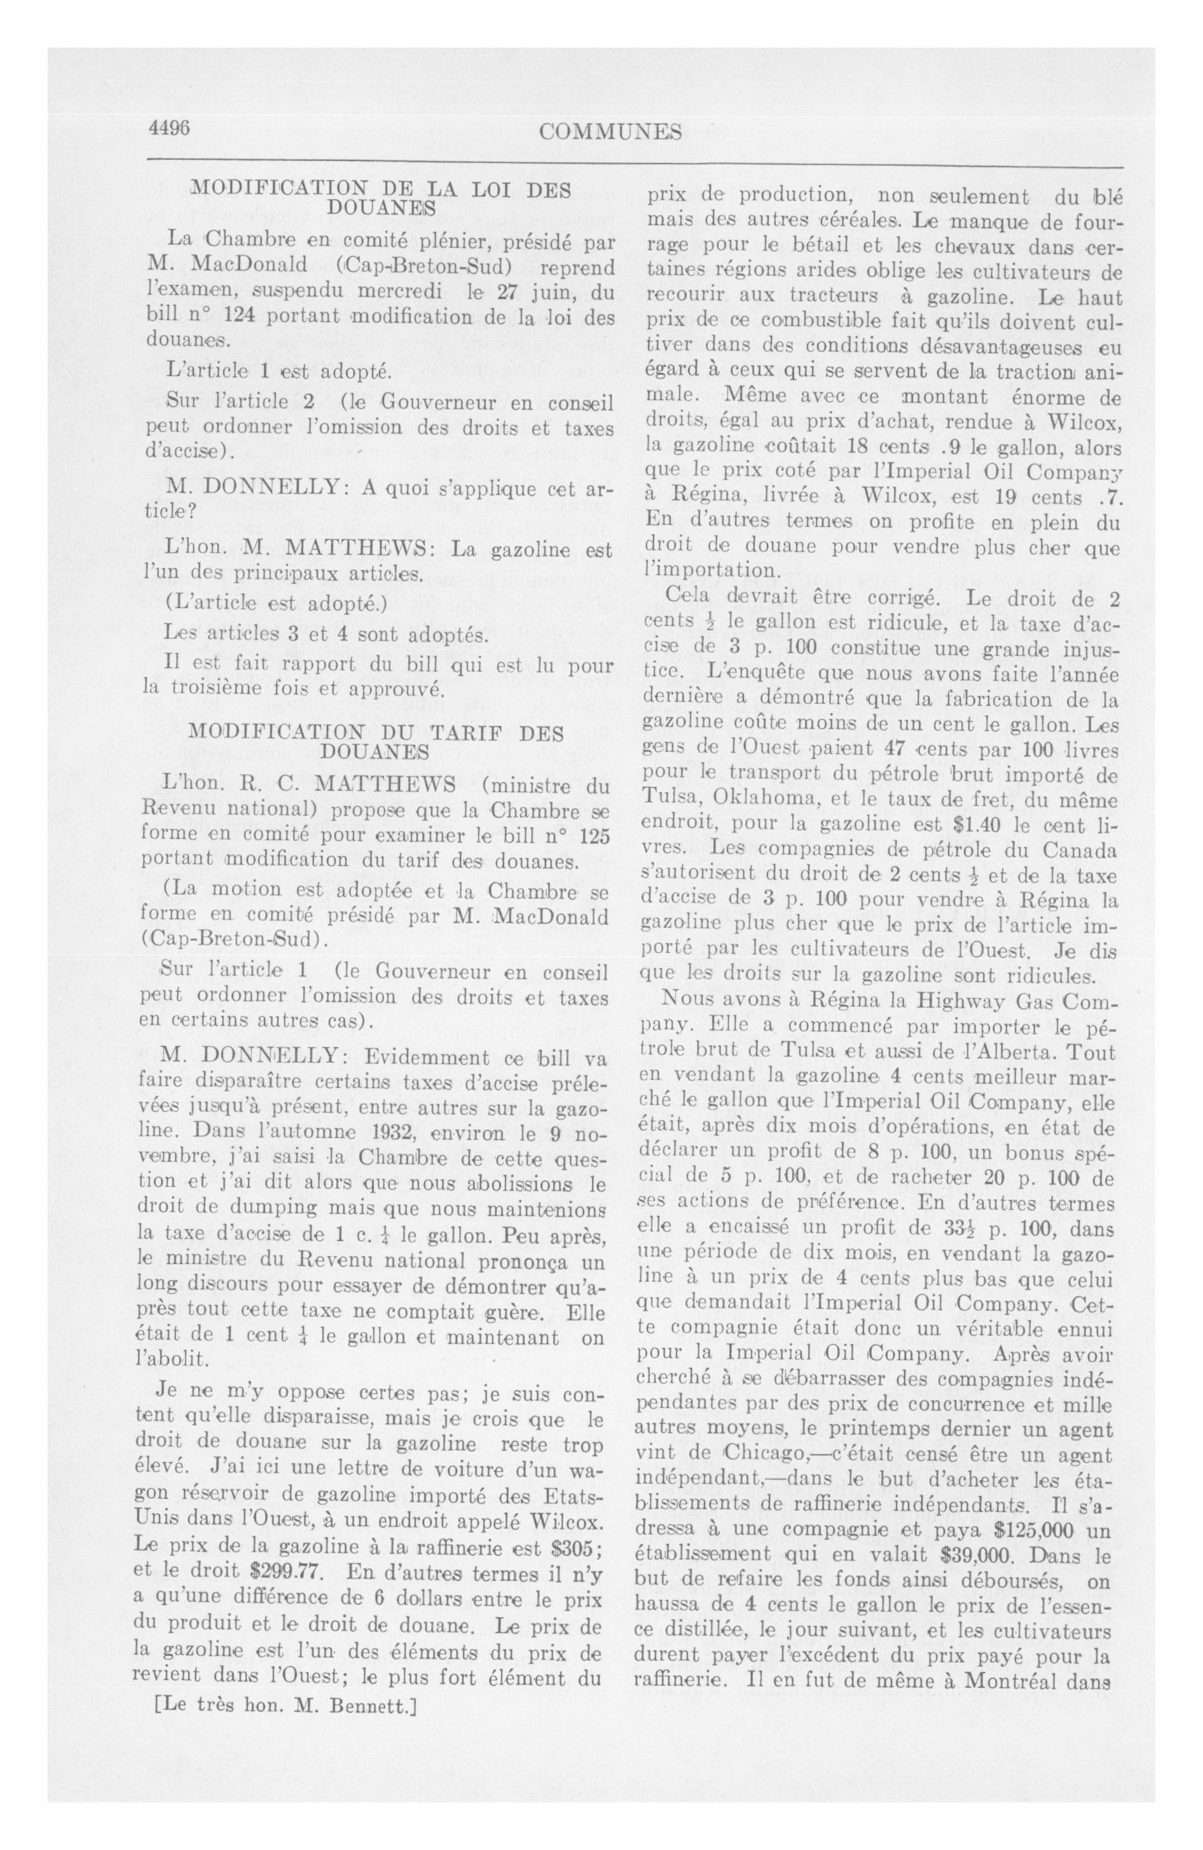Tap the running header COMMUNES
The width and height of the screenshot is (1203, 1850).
tap(609, 132)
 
